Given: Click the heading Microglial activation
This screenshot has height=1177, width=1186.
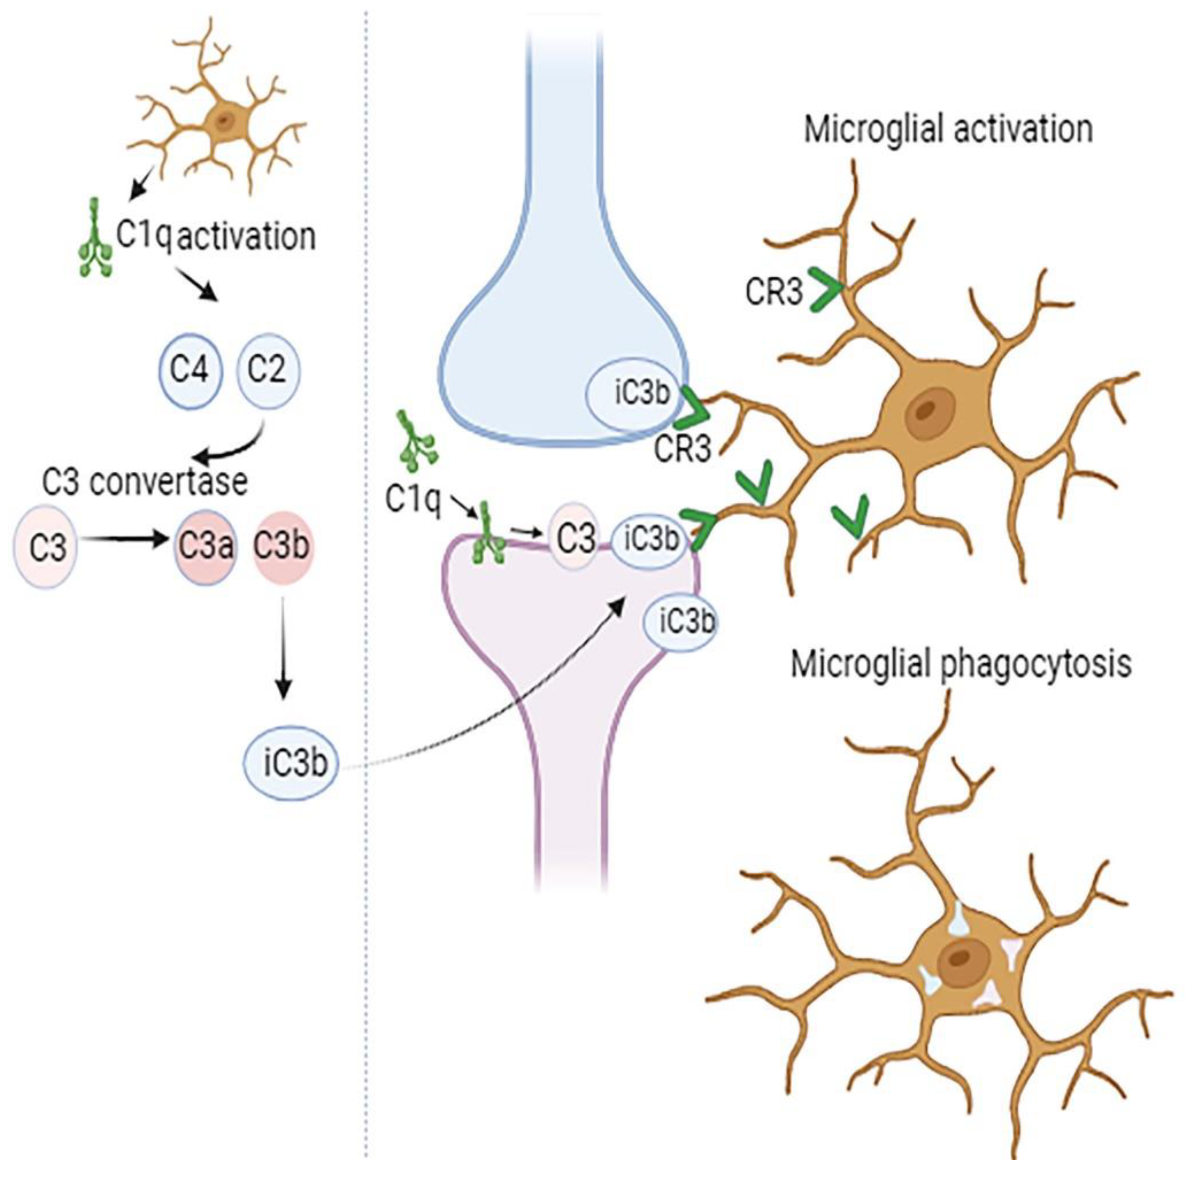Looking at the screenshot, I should coord(949,130).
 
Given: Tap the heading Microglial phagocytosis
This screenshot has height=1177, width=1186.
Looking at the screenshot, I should coord(961,664).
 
